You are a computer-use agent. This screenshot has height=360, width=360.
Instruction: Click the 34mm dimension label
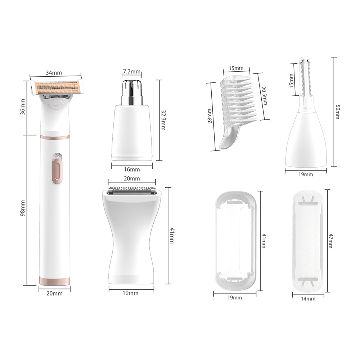coord(54,73)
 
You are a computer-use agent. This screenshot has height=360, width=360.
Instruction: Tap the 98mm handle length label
coord(22,208)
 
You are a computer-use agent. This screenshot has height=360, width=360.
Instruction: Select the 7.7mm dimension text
coord(131,71)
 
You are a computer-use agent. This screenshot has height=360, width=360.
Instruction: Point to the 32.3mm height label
coord(163,120)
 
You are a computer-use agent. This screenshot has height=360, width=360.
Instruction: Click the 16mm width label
coord(132,170)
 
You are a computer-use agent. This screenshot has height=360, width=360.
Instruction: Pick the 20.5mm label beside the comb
coord(264,96)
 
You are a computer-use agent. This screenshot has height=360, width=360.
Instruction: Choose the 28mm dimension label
coord(210,116)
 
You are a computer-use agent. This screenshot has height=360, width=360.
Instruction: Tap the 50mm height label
coord(338,112)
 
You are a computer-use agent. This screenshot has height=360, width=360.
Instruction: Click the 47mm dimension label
coord(331,241)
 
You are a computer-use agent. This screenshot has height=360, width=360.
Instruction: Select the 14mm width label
coord(308,299)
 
